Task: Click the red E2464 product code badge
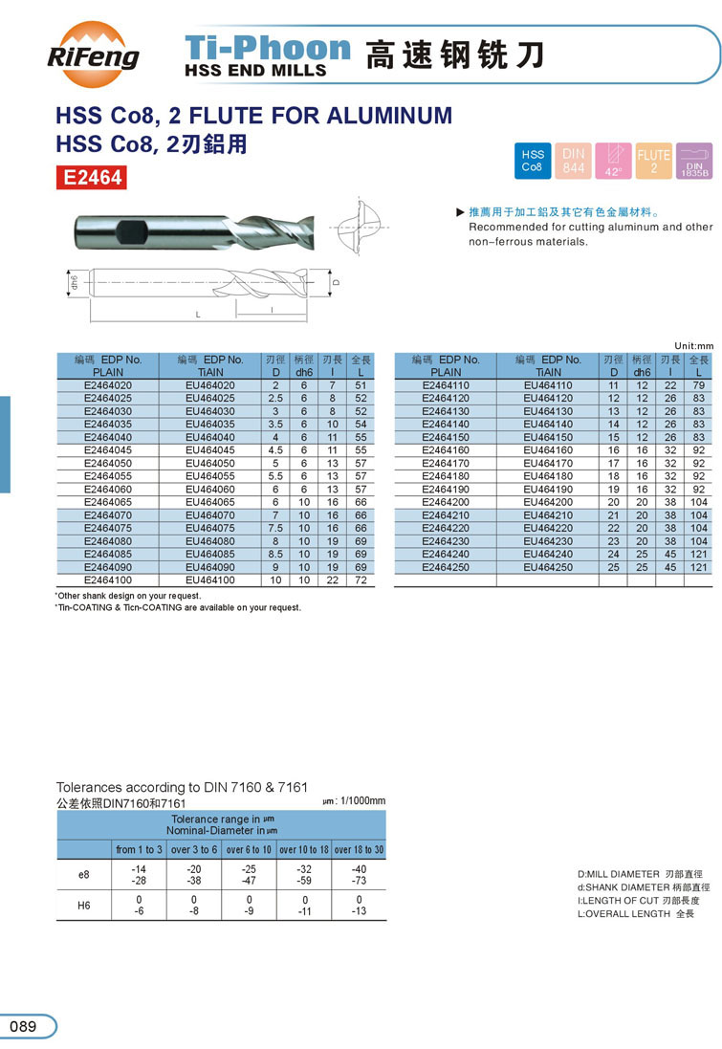coord(92,177)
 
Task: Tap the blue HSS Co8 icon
coord(533,160)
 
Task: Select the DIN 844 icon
coord(573,160)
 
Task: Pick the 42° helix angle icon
coord(613,160)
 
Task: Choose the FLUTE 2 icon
coord(653,160)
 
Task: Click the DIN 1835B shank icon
coord(693,160)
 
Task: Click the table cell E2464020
coord(108,385)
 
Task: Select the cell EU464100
coord(210,580)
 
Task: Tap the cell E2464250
coord(446,567)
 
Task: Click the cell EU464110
coord(548,385)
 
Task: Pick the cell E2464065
coord(108,502)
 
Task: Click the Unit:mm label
coord(694,345)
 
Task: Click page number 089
coord(23,1027)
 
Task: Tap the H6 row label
coord(84,905)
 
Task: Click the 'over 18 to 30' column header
coord(359,849)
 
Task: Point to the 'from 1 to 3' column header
coord(140,849)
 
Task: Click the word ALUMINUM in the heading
coord(390,117)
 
